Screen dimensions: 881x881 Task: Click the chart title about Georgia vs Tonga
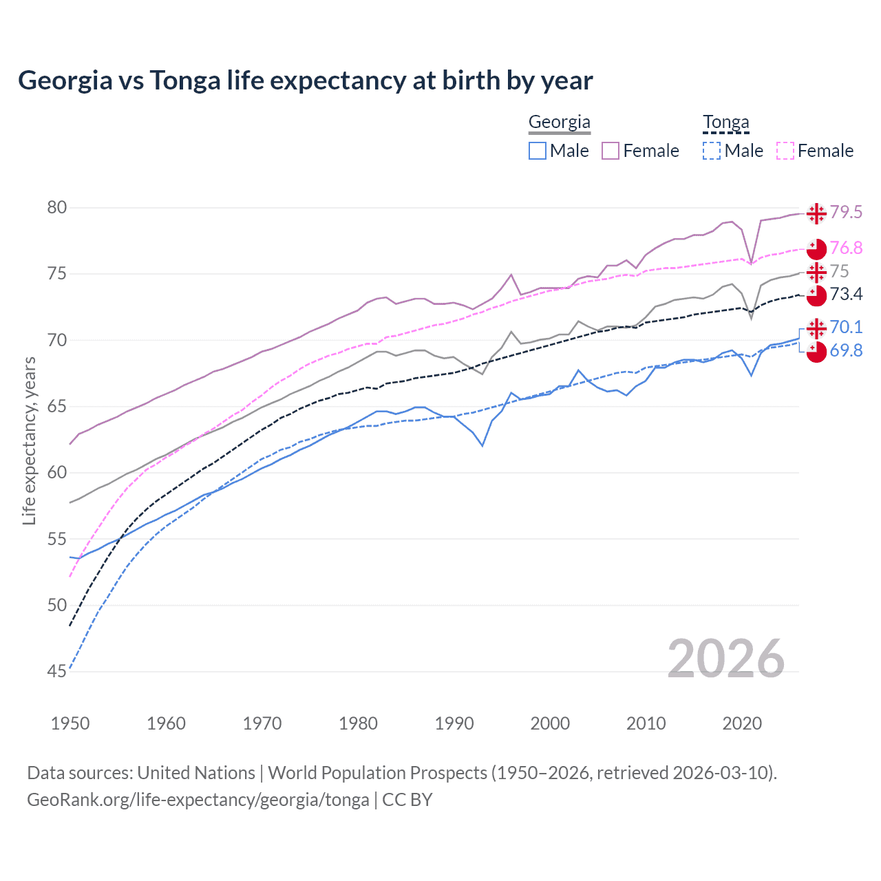tap(305, 81)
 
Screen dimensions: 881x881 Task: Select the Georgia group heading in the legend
tap(559, 123)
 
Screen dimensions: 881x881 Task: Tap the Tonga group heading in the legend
tap(725, 123)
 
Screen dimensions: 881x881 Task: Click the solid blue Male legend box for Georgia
tap(538, 151)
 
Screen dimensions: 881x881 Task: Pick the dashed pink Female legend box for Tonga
tap(785, 151)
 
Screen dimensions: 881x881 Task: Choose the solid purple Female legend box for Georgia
tap(611, 151)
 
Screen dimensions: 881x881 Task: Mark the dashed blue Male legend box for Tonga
tap(712, 151)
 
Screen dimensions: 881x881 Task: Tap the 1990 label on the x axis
tap(454, 723)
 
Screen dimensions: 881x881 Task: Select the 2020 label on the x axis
tap(742, 723)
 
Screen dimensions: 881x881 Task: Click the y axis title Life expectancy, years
tap(29, 440)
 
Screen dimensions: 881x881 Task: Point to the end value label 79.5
tap(846, 212)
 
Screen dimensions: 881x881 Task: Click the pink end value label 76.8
tap(846, 248)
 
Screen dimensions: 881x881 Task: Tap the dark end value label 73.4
tap(846, 295)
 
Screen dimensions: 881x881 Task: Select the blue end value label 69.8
tap(846, 350)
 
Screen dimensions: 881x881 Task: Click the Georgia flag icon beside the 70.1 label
tap(816, 328)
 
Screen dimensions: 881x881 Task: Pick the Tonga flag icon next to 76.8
tap(816, 248)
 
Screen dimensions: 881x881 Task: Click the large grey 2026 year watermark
tap(725, 659)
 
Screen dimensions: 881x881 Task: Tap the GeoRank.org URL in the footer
tap(198, 800)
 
